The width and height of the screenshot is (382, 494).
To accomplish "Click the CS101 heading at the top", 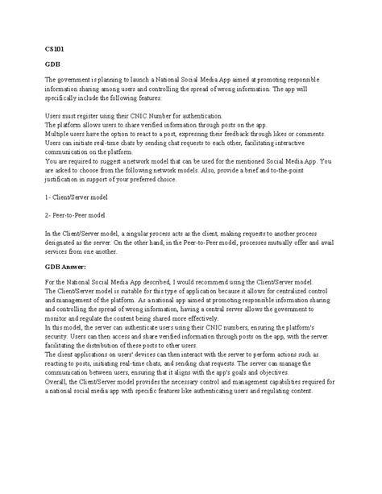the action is (x=52, y=49).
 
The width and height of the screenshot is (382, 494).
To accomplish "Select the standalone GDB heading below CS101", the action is (x=52, y=64).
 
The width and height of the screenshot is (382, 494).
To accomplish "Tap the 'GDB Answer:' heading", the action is (x=67, y=265).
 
